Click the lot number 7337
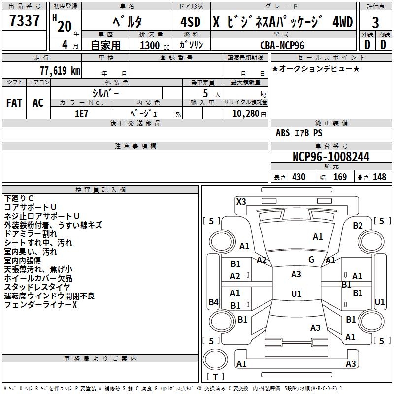pos(25,21)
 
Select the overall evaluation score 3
pos(376,23)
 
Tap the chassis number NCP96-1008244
pos(331,157)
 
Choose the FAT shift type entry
pos(14,103)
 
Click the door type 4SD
pos(191,22)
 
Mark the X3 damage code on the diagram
pos(241,201)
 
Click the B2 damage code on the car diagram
pos(358,226)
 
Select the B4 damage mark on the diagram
pos(213,302)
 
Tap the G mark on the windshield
pos(311,260)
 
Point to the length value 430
pos(298,177)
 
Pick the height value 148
pos(379,177)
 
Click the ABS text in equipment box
pos(283,133)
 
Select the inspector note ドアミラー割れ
pos(31,234)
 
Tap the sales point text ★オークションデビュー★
pos(316,68)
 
